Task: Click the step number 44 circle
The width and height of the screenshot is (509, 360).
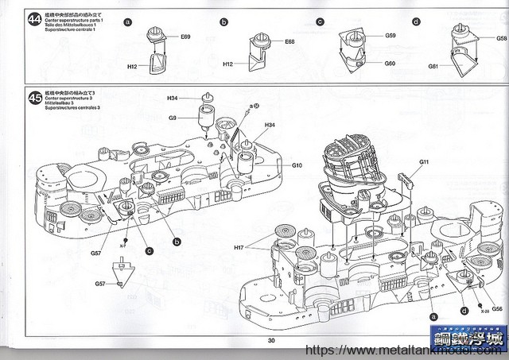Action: click(x=34, y=19)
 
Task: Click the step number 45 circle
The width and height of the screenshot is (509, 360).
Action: click(x=34, y=99)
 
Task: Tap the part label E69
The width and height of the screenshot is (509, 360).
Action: click(x=185, y=37)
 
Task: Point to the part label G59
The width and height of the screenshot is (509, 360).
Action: click(x=390, y=36)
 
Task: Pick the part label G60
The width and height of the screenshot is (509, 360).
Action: click(x=390, y=63)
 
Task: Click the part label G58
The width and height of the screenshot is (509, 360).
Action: click(x=501, y=37)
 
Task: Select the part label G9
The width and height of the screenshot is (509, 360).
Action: click(x=173, y=118)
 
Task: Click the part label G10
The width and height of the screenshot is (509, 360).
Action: click(x=296, y=165)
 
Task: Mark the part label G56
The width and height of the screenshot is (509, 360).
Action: click(x=496, y=308)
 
